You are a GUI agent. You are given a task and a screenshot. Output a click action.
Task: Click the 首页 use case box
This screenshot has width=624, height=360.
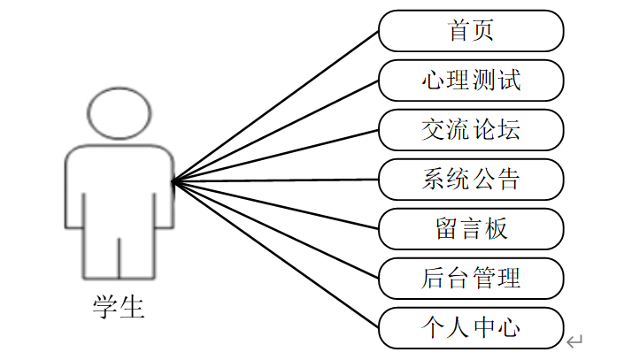tap(471, 31)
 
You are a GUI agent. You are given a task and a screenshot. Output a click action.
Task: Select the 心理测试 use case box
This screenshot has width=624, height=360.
tap(471, 80)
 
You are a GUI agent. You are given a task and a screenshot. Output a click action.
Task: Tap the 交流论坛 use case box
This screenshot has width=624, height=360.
tap(471, 130)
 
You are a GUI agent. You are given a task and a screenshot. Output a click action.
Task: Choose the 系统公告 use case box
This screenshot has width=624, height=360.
tap(471, 180)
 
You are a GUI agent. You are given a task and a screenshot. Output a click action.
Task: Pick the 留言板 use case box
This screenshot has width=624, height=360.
tap(471, 229)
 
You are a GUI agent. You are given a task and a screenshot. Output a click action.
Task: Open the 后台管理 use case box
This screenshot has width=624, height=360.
tap(471, 279)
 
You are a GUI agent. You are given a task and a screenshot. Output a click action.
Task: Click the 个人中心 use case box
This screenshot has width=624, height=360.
tap(471, 328)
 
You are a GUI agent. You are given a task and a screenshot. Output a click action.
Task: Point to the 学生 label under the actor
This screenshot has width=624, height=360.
tap(119, 307)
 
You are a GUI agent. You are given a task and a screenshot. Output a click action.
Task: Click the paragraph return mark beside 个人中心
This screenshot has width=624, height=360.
tap(574, 340)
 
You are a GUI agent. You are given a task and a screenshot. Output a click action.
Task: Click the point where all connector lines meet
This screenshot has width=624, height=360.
tap(173, 181)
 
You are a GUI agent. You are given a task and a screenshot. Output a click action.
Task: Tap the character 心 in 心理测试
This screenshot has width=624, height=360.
tap(434, 80)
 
